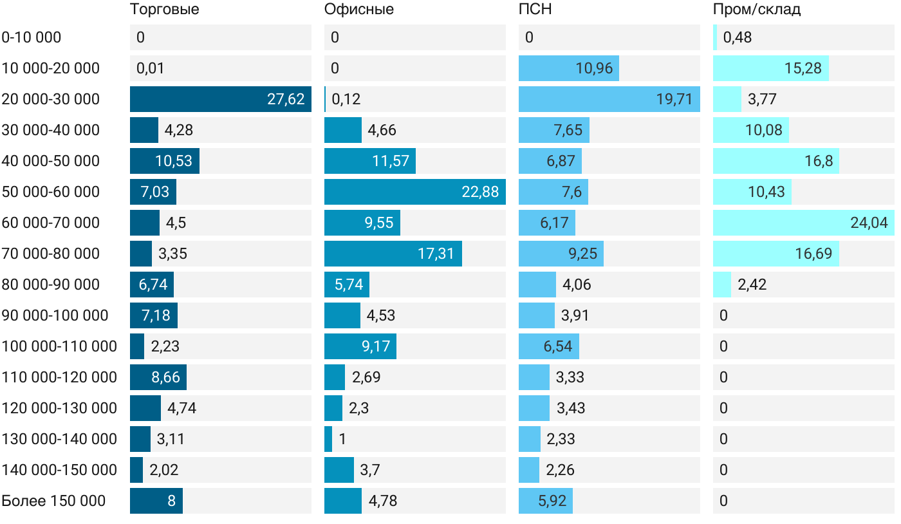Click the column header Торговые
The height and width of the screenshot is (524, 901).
pos(164,10)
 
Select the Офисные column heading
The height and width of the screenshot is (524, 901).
pos(359,10)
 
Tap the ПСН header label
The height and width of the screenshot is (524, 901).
pos(535,10)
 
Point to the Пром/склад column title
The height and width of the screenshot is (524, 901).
pos(757,10)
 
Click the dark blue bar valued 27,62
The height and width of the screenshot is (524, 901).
pos(220,99)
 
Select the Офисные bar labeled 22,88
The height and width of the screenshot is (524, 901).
pos(414,192)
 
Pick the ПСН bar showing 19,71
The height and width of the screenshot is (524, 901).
pos(609,99)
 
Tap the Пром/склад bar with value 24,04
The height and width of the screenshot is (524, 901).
pos(803,223)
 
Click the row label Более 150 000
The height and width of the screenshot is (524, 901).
pos(53,501)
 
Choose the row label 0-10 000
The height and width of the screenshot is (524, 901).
pos(32,37)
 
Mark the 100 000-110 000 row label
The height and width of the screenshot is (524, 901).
pos(59,346)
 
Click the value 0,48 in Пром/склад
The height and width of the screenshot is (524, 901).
pos(737,37)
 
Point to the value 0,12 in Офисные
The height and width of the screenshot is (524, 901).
pos(346,99)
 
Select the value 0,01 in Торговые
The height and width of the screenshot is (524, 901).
pos(150,68)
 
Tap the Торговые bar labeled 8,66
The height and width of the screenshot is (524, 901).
pos(158,377)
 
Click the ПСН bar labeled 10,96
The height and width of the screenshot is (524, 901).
pos(569,68)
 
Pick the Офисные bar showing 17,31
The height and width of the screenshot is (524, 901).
pos(393,254)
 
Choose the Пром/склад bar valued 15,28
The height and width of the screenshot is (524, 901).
pos(770,68)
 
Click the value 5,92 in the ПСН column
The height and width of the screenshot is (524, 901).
pos(552,501)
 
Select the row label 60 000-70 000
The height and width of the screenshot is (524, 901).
pos(51,223)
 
